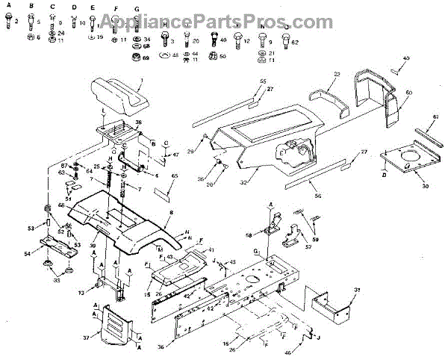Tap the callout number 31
click(358, 290)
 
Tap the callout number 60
click(408, 93)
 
